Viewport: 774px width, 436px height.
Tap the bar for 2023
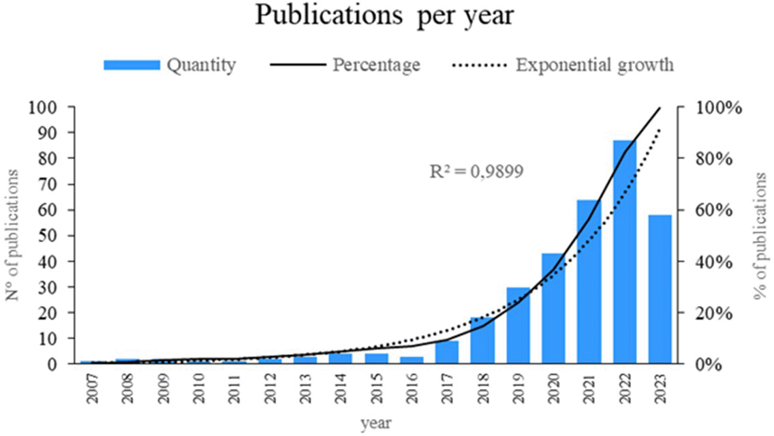[x=660, y=289]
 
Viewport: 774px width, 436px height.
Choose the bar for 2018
[x=482, y=340]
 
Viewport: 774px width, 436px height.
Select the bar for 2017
[x=447, y=352]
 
